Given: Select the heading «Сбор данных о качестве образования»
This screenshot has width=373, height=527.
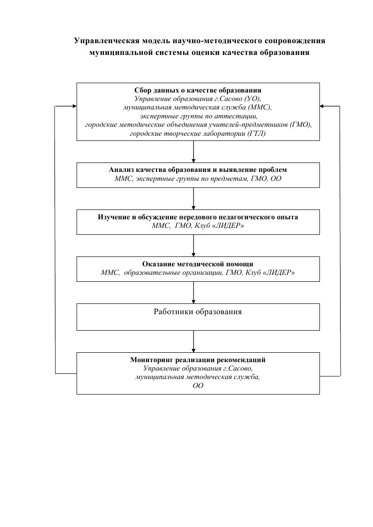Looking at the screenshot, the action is pos(198,90).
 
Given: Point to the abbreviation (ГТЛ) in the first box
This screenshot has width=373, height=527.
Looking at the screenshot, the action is pos(256,133).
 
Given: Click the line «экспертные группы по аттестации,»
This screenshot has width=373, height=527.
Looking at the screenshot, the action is pos(199,116).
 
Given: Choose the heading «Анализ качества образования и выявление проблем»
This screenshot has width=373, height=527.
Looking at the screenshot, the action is pos(198,170).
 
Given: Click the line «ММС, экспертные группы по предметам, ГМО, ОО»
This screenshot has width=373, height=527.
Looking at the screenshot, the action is pos(198,178).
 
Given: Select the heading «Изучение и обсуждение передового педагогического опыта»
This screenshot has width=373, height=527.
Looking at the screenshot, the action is pos(198,217).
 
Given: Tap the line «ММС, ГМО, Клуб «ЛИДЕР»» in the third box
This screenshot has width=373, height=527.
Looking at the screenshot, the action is pos(198,225).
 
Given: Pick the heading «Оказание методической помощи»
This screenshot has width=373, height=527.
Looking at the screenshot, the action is pos(198,264).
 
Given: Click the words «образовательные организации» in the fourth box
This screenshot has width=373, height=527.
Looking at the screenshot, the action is pos(173,272).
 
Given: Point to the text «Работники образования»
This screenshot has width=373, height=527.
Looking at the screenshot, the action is pos(198,311).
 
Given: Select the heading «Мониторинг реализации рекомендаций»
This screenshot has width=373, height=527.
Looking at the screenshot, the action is pos(198,360).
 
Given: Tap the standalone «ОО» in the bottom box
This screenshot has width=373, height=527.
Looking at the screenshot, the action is pos(198,386).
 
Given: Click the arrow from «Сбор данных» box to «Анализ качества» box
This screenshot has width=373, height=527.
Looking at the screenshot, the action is pos(194,152).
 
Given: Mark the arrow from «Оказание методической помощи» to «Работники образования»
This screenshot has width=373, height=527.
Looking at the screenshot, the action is pos(194,293).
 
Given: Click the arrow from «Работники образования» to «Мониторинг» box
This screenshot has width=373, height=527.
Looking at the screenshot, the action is pos(194,341).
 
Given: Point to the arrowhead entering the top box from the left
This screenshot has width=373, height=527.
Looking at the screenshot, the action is pos(75,106).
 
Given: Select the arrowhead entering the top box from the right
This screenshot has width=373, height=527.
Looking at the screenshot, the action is pos(322,106).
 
